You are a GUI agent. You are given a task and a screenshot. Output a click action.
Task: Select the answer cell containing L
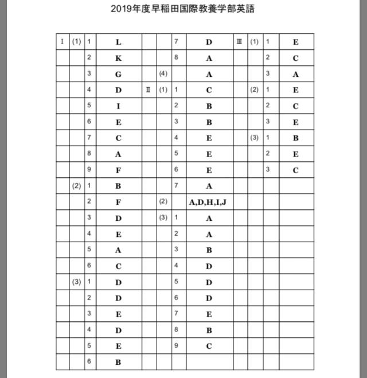coord(118,42)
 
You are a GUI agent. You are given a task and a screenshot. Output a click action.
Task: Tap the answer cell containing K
coord(118,58)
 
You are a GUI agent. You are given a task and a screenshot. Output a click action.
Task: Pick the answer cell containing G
coord(118,74)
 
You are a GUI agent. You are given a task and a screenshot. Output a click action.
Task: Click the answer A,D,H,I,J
coord(208,202)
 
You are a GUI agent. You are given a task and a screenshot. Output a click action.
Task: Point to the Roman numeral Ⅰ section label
coord(63,42)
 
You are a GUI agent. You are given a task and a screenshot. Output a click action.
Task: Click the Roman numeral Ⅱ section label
coord(149,90)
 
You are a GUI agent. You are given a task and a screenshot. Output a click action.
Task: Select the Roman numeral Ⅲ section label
coord(240,42)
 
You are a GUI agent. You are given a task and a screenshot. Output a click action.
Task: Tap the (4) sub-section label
coord(163,74)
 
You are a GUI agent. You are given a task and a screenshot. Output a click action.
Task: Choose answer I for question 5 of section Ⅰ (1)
coord(118,106)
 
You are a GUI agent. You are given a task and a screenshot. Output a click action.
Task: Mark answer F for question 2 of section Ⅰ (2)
coord(118,202)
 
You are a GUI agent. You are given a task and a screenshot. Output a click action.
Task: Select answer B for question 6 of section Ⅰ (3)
coord(118,362)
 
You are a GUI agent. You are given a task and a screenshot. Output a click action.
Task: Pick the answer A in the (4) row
coord(209,74)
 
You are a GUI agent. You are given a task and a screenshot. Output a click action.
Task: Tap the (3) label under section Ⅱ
coord(163,218)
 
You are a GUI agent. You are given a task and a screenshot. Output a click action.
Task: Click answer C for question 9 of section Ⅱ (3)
coord(209,346)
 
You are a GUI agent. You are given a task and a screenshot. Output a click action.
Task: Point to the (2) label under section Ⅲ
coord(254,90)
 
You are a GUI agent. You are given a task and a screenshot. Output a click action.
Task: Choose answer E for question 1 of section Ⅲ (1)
coord(295,42)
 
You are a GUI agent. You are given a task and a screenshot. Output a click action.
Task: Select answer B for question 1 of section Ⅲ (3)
coord(295,138)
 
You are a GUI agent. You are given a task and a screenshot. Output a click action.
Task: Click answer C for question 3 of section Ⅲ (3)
coord(295,170)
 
